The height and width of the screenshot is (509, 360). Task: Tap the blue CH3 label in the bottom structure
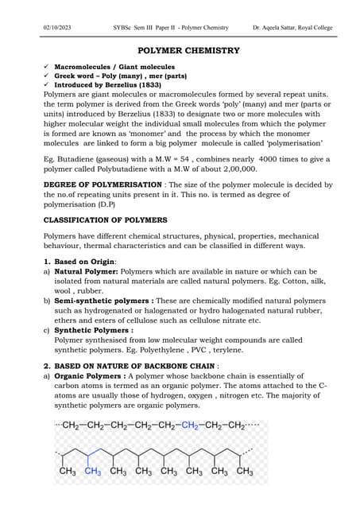tap(92, 472)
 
